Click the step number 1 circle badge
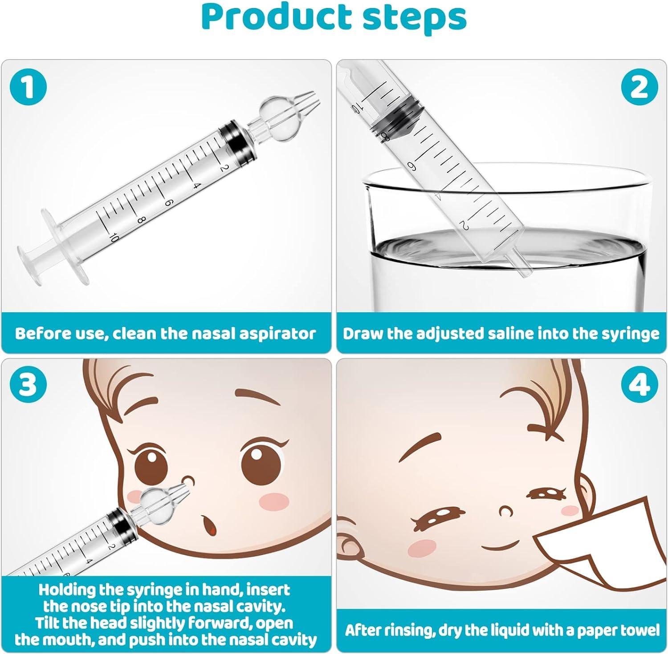(28, 87)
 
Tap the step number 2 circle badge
(639, 87)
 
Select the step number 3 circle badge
(28, 384)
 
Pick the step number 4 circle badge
(639, 384)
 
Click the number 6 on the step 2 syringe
(412, 166)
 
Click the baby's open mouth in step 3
(207, 525)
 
